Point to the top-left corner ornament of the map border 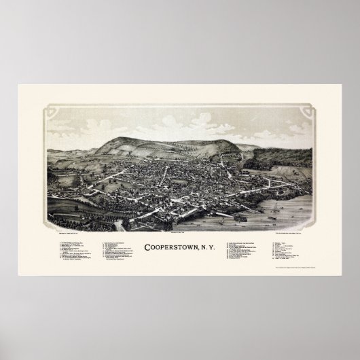[x=48, y=109]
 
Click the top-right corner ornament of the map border [x=312, y=109]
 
